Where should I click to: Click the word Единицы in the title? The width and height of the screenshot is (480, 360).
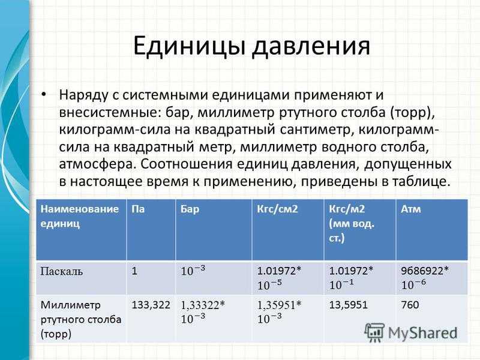tap(188, 47)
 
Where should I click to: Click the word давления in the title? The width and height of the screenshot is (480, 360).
tap(311, 47)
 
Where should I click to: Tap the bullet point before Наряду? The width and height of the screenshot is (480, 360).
tap(44, 94)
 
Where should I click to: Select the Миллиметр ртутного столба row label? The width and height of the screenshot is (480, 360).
tap(81, 319)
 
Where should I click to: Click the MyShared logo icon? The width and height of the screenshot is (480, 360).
tap(374, 332)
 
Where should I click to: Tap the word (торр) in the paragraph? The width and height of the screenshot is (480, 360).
tap(412, 112)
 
